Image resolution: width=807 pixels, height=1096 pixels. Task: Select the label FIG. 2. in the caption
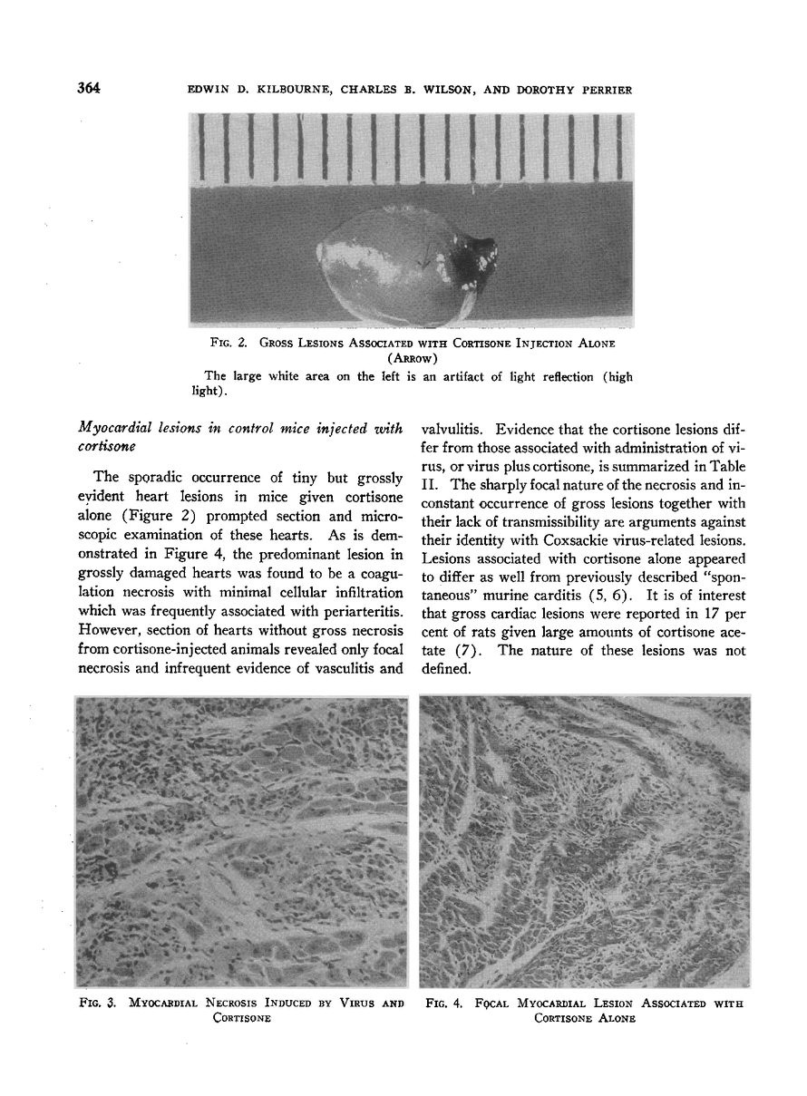coord(227,343)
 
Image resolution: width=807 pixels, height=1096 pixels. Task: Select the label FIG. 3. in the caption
coord(97,1003)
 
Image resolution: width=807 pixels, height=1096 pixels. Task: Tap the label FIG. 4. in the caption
coord(445,1003)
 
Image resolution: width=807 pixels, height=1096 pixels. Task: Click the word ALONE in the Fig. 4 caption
coord(613,1018)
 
